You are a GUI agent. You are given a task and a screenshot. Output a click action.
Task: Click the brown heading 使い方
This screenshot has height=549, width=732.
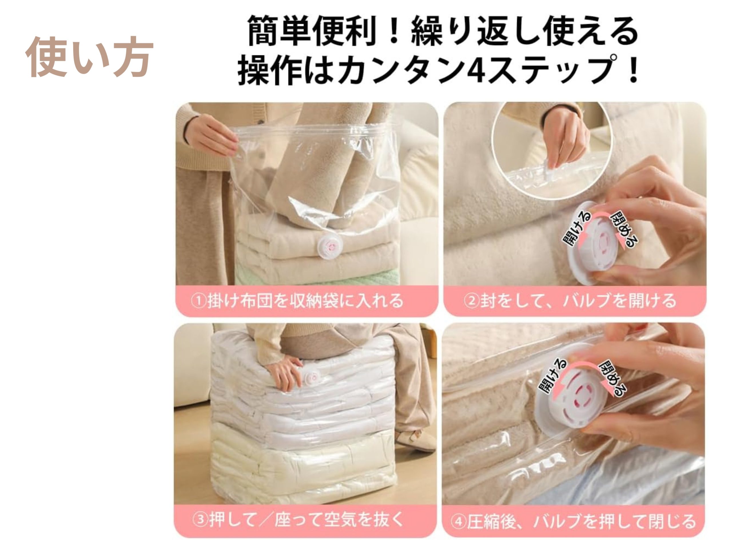pos(89,57)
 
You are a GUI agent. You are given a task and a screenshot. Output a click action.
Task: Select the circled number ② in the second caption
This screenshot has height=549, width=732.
pos(472,301)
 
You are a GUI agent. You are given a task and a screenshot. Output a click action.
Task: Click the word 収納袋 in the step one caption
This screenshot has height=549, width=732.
pos(314,301)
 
